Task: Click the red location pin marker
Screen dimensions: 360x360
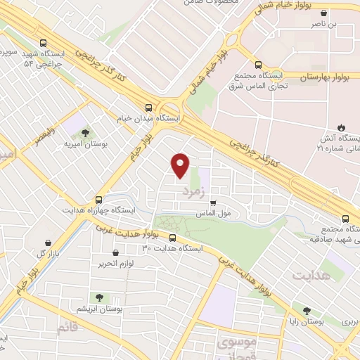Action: click(x=181, y=165)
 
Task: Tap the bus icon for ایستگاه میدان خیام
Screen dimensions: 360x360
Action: click(x=148, y=108)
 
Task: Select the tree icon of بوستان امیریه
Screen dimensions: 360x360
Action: click(x=85, y=132)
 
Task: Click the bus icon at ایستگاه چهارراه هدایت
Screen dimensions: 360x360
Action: click(x=99, y=199)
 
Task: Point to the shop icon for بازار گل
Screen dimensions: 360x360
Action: click(x=46, y=241)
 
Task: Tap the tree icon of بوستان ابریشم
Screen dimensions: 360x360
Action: click(x=98, y=297)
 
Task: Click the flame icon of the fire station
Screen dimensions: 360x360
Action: click(x=341, y=127)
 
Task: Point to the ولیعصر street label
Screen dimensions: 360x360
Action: click(x=44, y=133)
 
